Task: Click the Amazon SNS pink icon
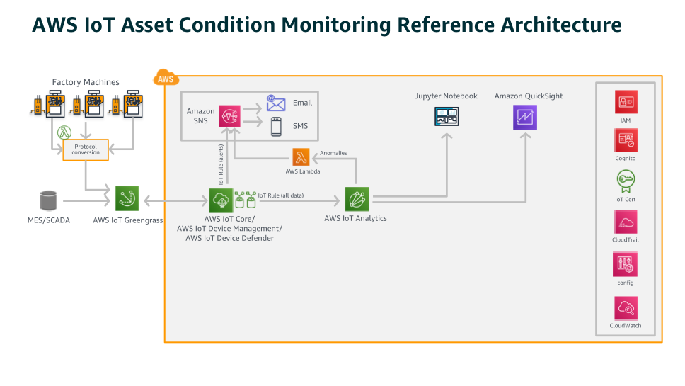tap(231, 117)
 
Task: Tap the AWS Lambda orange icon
tap(302, 157)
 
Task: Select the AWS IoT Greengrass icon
tap(127, 198)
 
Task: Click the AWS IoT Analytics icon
tap(357, 199)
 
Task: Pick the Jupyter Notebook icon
tap(446, 117)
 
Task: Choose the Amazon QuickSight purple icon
tap(525, 117)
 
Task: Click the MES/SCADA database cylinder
tap(49, 200)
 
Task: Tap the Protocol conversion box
tap(86, 149)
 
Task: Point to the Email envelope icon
tap(276, 103)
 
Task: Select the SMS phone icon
tap(276, 127)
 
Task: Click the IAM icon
tap(626, 102)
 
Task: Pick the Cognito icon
tap(626, 140)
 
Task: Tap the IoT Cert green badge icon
tap(626, 181)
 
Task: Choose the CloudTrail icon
tap(626, 222)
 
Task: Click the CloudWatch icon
tap(626, 308)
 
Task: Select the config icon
tap(626, 265)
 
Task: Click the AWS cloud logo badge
tap(166, 79)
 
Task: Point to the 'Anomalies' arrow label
tap(333, 153)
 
